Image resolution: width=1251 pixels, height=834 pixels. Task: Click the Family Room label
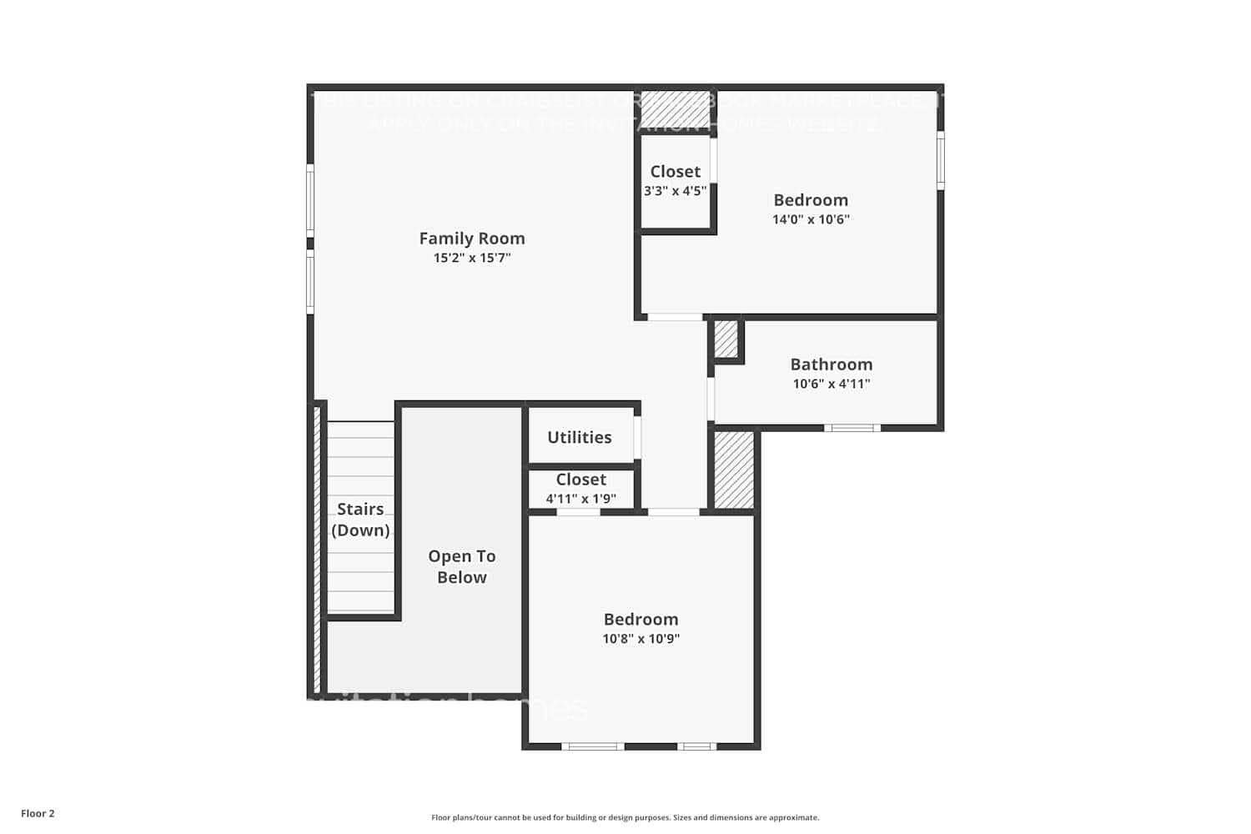coord(471,239)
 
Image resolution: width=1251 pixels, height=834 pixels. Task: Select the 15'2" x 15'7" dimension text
coord(471,258)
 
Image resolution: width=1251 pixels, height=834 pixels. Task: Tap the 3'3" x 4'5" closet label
coord(675,190)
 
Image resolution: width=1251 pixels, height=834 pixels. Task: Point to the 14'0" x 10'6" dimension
coord(810,219)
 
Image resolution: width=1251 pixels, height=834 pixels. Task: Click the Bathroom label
coord(831,364)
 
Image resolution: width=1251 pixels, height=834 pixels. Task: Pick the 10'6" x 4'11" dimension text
coord(831,384)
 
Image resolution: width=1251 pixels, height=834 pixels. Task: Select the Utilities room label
coord(579,437)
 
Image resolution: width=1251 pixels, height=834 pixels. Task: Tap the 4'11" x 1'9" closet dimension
coord(580,499)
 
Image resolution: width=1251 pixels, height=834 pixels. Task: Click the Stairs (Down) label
coord(360,520)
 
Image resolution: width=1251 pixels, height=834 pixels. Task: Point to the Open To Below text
coord(461,566)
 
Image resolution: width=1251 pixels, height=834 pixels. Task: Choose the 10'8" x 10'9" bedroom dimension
coord(641,639)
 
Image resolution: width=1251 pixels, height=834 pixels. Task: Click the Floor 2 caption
coord(38,813)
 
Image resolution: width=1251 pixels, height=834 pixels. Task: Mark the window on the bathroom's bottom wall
coord(852,428)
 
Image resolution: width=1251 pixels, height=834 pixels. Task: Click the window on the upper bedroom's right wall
coord(940,160)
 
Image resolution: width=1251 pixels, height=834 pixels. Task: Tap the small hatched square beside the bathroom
coord(726,339)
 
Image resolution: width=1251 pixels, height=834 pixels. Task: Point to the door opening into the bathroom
coord(711,399)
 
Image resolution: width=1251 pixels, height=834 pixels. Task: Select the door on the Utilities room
coord(637,437)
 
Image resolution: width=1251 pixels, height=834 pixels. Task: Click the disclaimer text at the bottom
coord(625,817)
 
